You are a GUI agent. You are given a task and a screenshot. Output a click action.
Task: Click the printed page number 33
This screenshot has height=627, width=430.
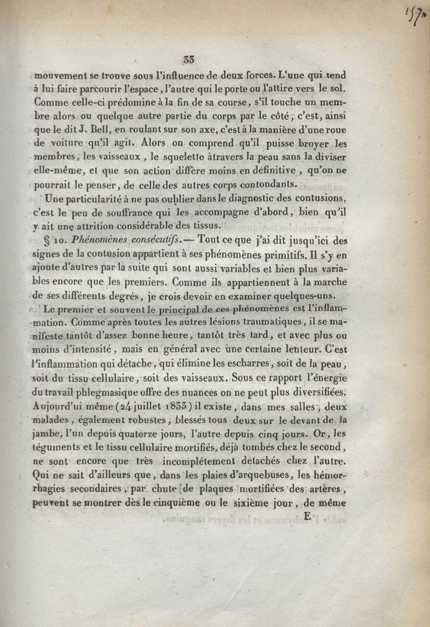[188, 60]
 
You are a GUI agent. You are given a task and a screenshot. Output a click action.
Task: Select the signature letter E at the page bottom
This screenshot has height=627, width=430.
[307, 517]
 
